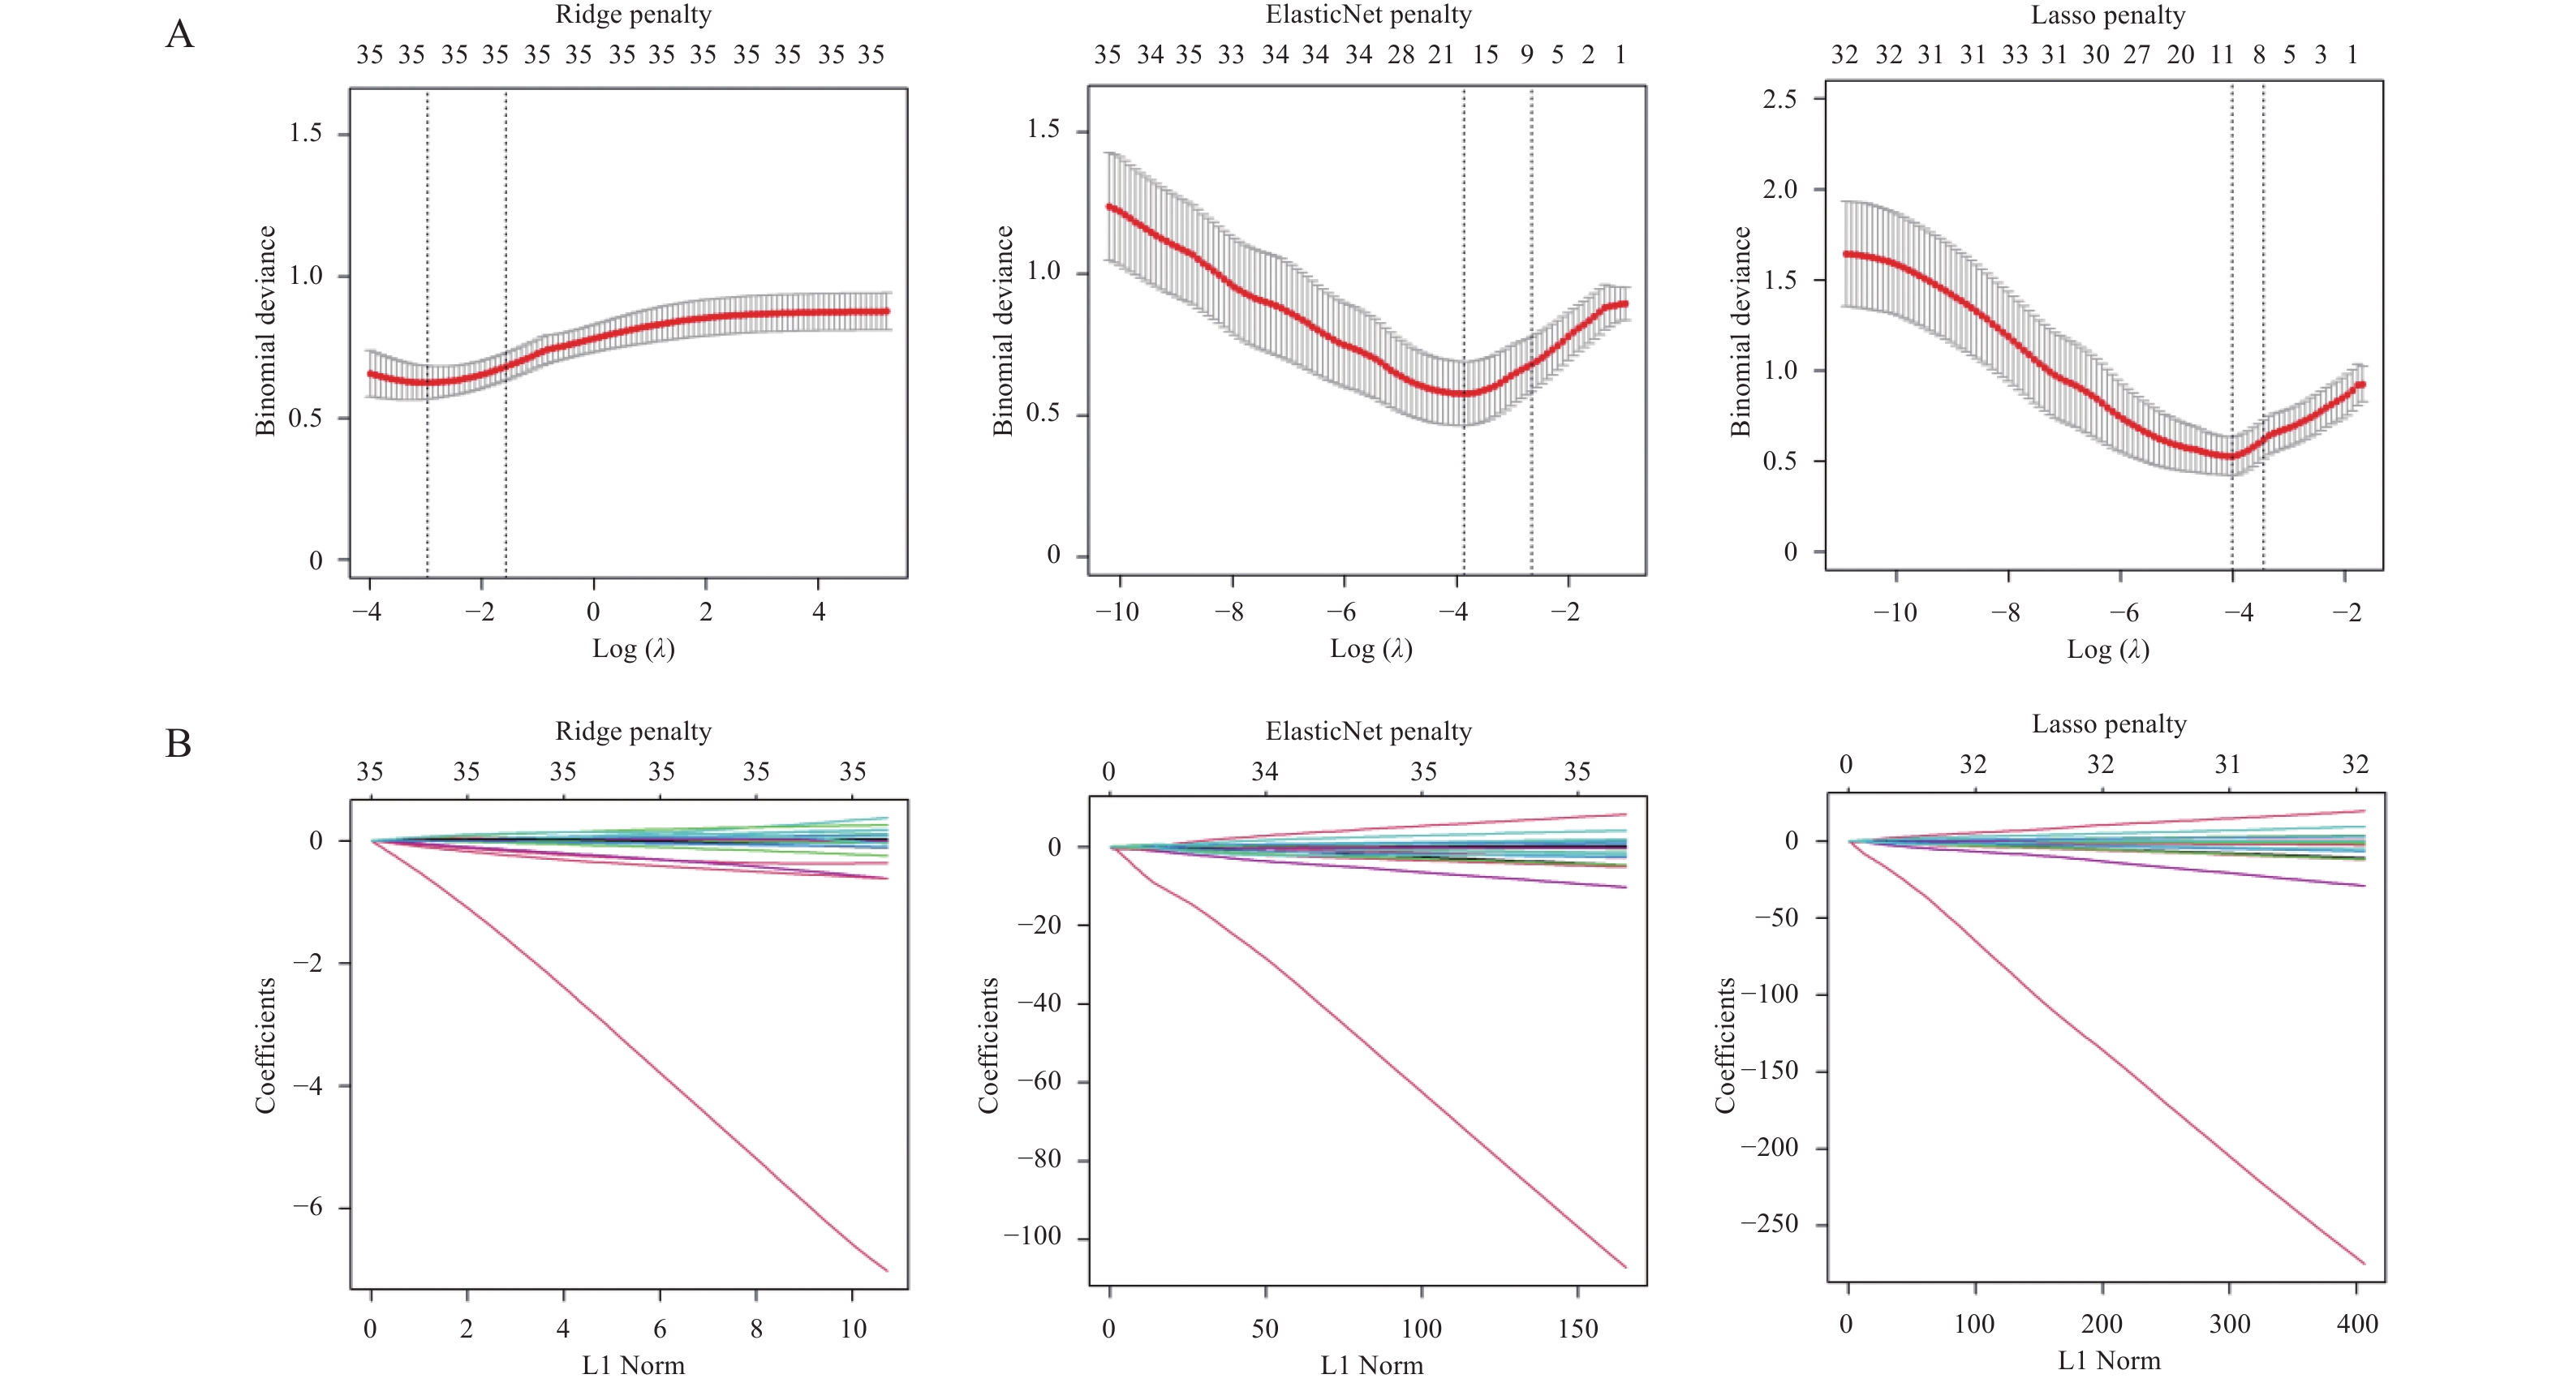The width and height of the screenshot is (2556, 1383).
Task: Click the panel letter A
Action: point(179,35)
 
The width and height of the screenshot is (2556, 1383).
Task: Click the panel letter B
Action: point(179,744)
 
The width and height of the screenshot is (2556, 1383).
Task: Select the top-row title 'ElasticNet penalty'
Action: point(1368,15)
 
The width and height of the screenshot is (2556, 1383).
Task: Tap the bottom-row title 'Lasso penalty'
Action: point(2109,724)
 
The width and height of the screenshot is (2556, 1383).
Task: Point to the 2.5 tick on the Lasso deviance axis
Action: point(1779,98)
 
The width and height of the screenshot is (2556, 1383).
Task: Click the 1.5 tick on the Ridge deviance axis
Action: point(306,133)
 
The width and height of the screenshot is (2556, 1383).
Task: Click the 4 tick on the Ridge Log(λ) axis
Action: point(819,612)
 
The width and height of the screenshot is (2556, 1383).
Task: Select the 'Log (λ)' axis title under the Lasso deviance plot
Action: point(2107,650)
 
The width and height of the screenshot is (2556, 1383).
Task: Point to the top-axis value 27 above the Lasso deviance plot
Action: point(2136,54)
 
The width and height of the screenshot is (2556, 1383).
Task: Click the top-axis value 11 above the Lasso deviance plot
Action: point(2222,54)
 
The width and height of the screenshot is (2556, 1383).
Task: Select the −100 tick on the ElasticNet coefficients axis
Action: point(1032,1236)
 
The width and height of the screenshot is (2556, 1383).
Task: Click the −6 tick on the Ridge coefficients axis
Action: point(308,1208)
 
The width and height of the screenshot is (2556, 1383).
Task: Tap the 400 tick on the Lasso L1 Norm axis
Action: point(2357,1324)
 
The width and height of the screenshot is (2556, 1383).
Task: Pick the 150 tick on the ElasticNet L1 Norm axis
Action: point(1577,1329)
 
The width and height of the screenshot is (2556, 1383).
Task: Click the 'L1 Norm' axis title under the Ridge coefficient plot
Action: point(633,1365)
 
